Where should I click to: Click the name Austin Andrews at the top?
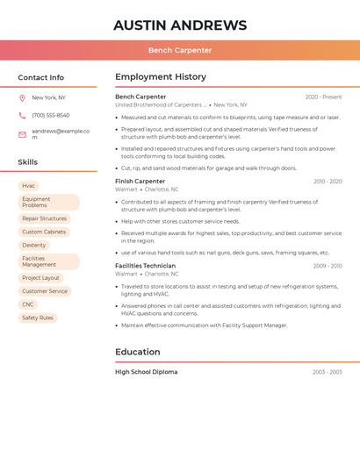pyautogui.click(x=180, y=25)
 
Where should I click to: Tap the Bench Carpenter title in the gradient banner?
pyautogui.click(x=180, y=51)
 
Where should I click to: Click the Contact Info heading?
pyautogui.click(x=41, y=77)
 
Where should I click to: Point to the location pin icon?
pyautogui.click(x=22, y=98)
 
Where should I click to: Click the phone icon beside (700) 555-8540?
pyautogui.click(x=22, y=115)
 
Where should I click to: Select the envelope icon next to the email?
pyautogui.click(x=22, y=134)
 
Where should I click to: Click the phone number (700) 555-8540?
pyautogui.click(x=51, y=115)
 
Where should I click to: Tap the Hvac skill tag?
pyautogui.click(x=29, y=186)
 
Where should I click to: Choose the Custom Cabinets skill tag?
pyautogui.click(x=44, y=232)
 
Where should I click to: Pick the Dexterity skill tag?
pyautogui.click(x=34, y=245)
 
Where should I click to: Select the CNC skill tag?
pyautogui.click(x=28, y=304)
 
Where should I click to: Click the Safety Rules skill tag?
pyautogui.click(x=38, y=318)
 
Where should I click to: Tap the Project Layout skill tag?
pyautogui.click(x=41, y=278)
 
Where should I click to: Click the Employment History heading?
pyautogui.click(x=161, y=77)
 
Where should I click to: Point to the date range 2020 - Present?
pyautogui.click(x=323, y=97)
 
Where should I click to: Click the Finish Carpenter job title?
pyautogui.click(x=140, y=182)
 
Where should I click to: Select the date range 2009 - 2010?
pyautogui.click(x=328, y=266)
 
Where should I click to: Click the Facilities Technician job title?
pyautogui.click(x=145, y=266)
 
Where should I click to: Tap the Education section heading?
pyautogui.click(x=138, y=352)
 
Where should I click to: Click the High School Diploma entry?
pyautogui.click(x=146, y=372)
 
